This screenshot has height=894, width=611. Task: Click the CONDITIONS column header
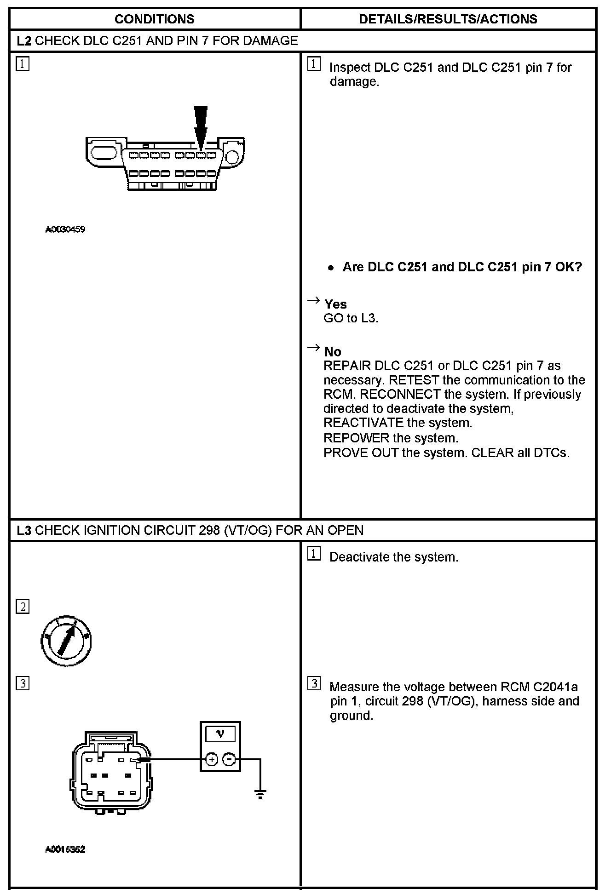(154, 19)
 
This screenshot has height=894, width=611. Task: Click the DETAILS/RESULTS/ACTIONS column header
(448, 19)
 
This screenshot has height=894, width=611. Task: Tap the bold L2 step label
(24, 41)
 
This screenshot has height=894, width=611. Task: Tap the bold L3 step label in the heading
(24, 530)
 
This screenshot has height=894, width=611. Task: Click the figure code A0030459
(65, 229)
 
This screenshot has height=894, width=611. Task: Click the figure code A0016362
(65, 849)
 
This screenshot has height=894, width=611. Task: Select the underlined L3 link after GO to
(369, 318)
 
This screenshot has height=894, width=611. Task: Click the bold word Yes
(335, 304)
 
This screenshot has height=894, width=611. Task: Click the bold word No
(333, 352)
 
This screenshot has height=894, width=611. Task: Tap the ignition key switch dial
(66, 641)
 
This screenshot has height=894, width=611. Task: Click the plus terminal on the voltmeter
(211, 759)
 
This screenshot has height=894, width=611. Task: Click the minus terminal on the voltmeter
(229, 759)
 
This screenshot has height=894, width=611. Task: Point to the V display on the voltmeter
(220, 734)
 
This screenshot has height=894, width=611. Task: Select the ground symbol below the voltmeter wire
(260, 793)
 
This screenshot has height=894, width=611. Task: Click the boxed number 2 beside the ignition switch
(23, 607)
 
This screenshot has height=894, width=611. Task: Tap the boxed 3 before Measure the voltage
(314, 684)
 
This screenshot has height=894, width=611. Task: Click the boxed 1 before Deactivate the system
(314, 554)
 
